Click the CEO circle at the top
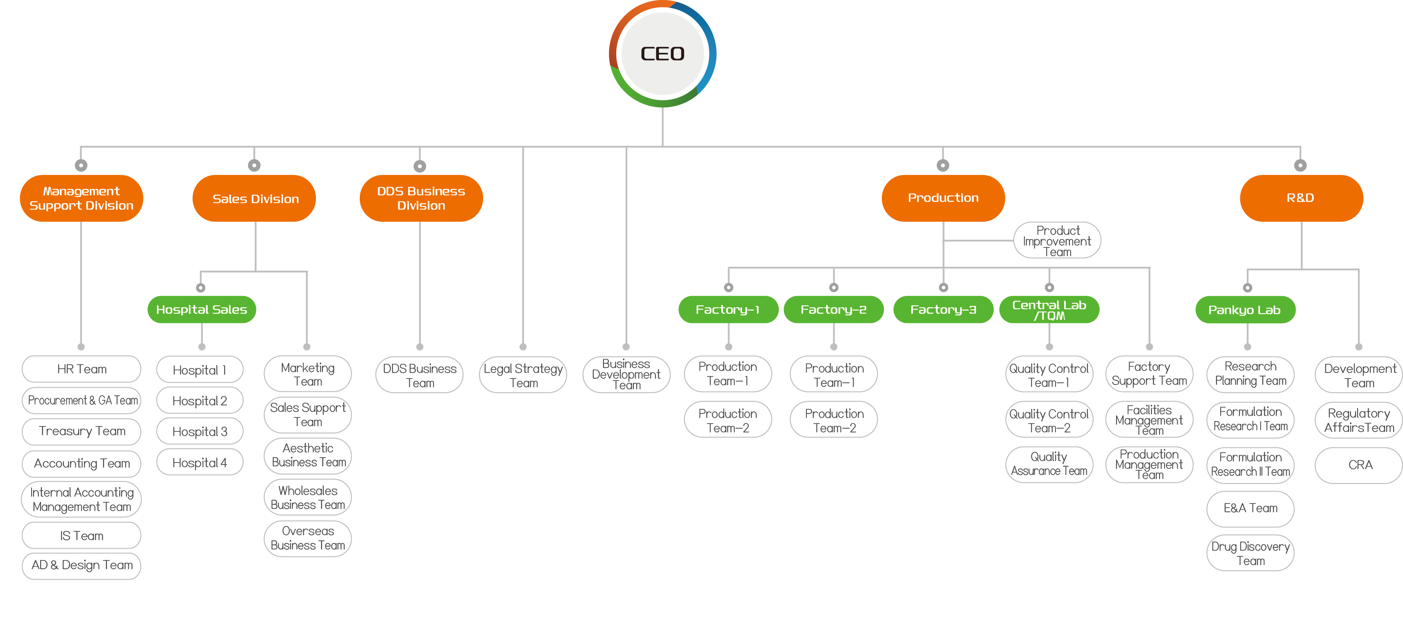tap(662, 53)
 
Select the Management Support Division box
tap(81, 198)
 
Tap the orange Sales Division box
tap(255, 198)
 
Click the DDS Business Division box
tap(420, 198)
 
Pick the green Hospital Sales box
tap(202, 309)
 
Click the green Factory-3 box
tap(943, 309)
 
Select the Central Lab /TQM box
tap(1049, 309)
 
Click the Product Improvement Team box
tap(1057, 240)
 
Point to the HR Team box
tap(81, 369)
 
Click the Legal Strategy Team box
tap(523, 375)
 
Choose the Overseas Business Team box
tap(308, 538)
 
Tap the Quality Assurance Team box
tap(1049, 464)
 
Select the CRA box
tap(1360, 465)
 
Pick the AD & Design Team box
tap(81, 565)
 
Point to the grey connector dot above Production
tap(943, 165)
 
